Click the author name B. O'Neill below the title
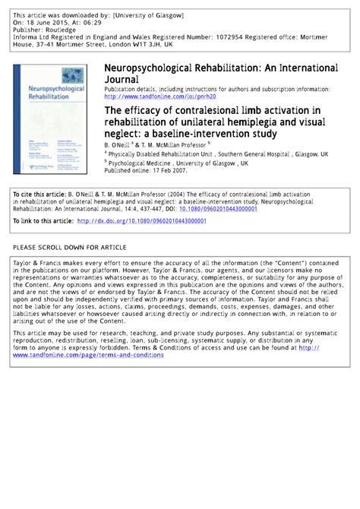pos(119,142)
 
